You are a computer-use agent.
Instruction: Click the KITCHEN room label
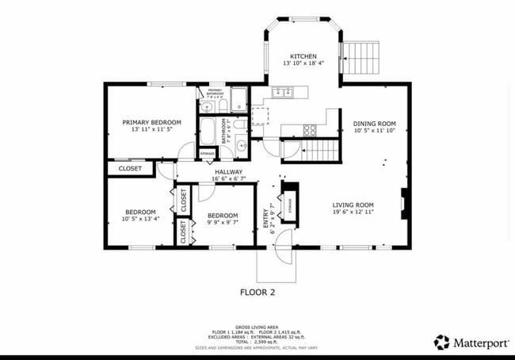pos(303,56)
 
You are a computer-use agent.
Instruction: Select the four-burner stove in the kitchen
pos(311,129)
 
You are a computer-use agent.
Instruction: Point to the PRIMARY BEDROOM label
pos(151,122)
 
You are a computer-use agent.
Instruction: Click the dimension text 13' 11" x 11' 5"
pos(151,129)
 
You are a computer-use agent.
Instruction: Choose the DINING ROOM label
pos(374,124)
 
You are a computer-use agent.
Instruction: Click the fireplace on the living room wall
pos(404,203)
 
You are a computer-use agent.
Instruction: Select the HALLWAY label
pos(227,172)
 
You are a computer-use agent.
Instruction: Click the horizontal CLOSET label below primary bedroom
pos(130,168)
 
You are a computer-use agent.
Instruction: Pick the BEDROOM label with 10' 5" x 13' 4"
pos(141,211)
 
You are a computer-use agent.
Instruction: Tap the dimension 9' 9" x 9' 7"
pos(223,222)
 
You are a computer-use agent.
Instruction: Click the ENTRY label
pos(265,218)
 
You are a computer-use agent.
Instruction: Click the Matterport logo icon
pos(441,342)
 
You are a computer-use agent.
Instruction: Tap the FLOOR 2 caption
pos(257,292)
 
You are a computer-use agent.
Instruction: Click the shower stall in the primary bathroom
pos(239,100)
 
